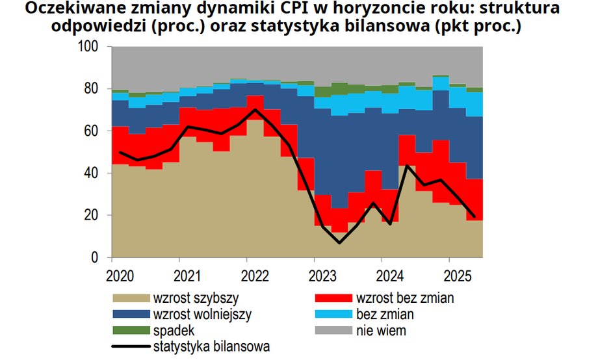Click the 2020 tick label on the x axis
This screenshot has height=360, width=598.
pos(120,275)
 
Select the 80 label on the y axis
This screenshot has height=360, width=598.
pos(92,89)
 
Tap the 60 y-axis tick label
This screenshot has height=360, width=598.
pos(92,131)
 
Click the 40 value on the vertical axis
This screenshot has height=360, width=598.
pos(92,174)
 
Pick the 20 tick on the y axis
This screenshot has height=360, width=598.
pos(92,216)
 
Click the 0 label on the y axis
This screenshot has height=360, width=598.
pos(95,258)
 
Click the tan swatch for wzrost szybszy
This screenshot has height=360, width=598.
pos(131,299)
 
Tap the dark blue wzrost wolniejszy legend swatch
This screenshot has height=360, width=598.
pos(131,315)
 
